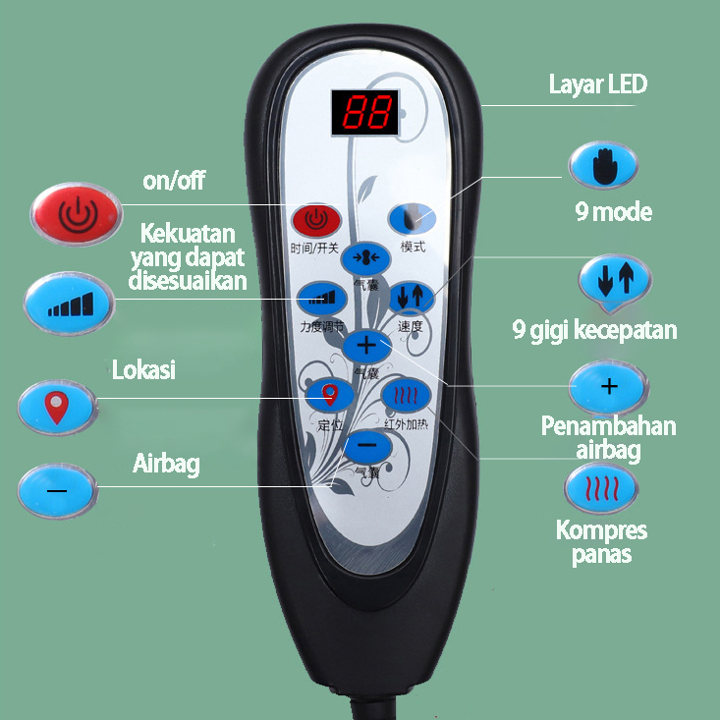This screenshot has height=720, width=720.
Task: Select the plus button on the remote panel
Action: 366,345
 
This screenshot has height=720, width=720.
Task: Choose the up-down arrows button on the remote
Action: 411,296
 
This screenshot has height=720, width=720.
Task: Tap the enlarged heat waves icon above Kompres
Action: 600,487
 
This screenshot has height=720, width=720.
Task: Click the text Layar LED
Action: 598,84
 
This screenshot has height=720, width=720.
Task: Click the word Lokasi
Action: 143,369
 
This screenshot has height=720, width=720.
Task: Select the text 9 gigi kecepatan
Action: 595,329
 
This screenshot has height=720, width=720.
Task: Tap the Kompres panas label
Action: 602,541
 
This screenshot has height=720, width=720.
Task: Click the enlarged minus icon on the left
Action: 57,489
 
